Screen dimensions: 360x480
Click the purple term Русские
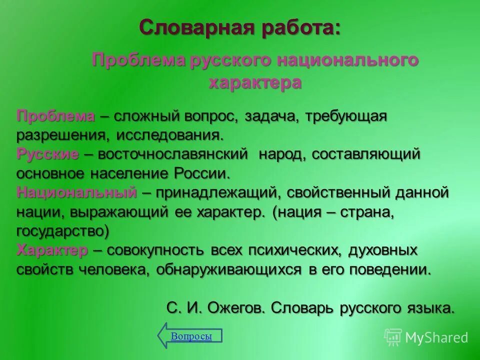[47, 154]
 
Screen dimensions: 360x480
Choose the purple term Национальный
[76, 192]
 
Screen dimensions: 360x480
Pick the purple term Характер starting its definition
[52, 250]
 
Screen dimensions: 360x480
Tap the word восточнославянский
[173, 154]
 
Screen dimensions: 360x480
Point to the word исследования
[170, 135]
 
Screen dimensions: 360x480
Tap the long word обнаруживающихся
[229, 269]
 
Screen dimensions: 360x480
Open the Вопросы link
[191, 336]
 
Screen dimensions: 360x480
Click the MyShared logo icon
[393, 337]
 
